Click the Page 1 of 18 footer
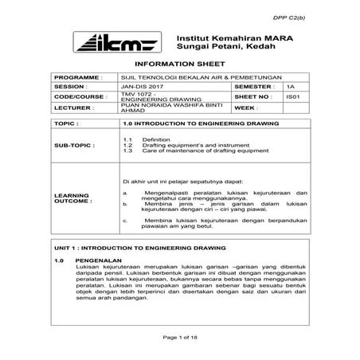pyautogui.click(x=180, y=339)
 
